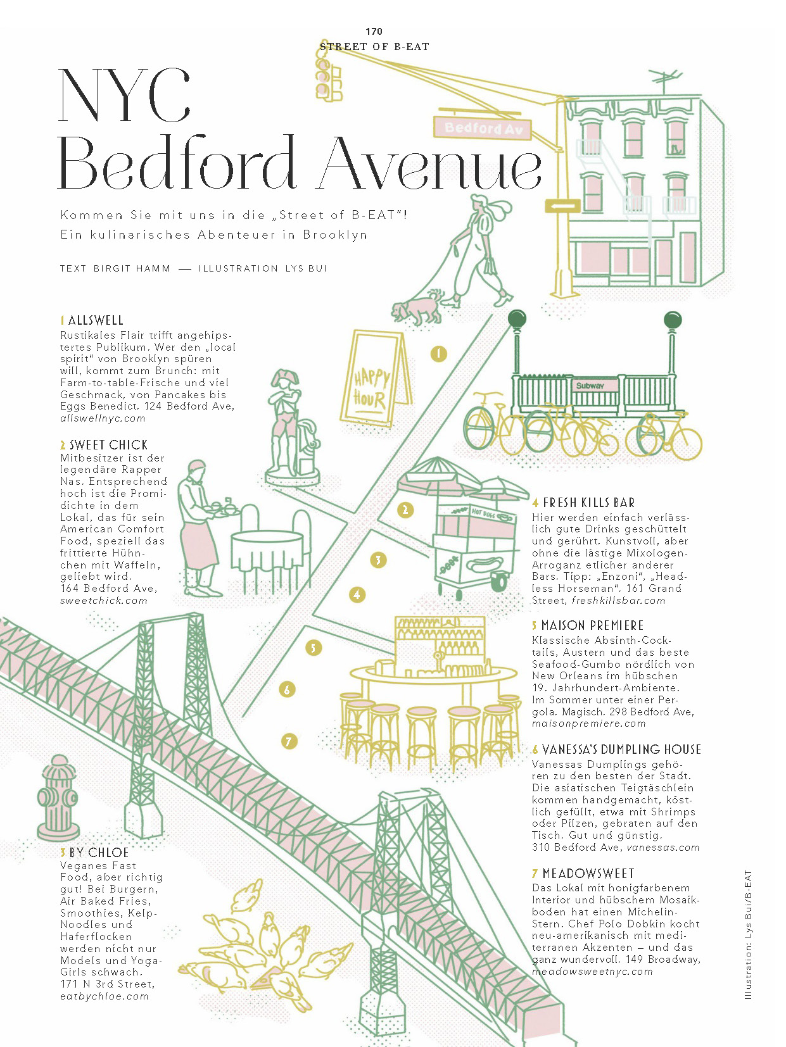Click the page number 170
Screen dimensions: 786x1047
click(374, 31)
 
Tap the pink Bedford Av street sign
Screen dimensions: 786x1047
click(483, 128)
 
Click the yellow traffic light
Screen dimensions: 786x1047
click(328, 77)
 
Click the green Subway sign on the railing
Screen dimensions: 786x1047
click(590, 386)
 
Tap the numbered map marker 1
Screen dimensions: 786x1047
click(438, 354)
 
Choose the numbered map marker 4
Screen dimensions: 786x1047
click(357, 594)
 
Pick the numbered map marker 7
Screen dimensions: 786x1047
click(289, 741)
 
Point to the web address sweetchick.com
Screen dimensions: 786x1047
click(103, 601)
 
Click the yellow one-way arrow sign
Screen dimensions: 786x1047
click(562, 206)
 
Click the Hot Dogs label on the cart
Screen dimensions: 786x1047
click(484, 513)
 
